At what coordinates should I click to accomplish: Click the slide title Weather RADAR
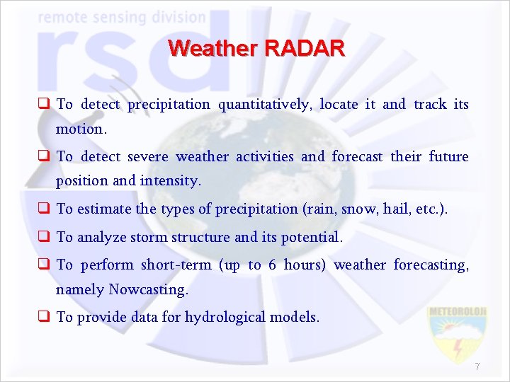(x=256, y=48)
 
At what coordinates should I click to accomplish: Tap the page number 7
(x=477, y=366)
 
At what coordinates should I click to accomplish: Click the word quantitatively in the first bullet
(x=264, y=105)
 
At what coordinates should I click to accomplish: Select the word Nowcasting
(x=148, y=289)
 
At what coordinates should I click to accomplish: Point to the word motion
(x=81, y=129)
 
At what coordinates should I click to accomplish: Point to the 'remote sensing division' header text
(x=122, y=17)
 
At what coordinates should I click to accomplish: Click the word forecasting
(x=431, y=265)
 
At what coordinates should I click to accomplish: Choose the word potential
(x=311, y=237)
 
